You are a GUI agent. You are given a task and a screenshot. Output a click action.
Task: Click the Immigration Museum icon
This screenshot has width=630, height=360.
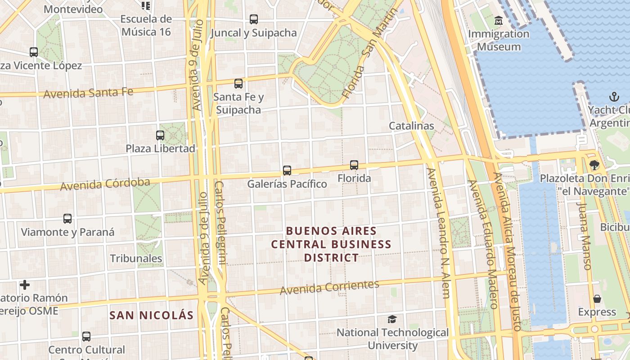499,21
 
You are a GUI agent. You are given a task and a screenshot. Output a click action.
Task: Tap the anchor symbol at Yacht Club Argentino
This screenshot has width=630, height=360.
614,96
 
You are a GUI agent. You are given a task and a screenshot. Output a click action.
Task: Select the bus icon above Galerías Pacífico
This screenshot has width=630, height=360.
287,171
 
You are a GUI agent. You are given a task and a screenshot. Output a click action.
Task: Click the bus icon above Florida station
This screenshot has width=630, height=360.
354,165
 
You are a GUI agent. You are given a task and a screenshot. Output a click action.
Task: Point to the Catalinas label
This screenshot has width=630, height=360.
411,126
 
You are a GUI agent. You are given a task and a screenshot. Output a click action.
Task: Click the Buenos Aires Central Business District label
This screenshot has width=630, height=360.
331,244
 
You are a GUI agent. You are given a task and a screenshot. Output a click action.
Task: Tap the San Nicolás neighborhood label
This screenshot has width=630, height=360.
151,315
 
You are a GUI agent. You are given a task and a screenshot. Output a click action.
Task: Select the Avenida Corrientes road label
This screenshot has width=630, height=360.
329,288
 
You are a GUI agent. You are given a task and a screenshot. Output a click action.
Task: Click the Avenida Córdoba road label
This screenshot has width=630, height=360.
105,184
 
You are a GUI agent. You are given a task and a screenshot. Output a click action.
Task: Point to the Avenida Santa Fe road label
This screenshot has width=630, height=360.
88,93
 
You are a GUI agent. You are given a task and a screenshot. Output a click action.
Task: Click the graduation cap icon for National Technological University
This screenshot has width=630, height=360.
392,319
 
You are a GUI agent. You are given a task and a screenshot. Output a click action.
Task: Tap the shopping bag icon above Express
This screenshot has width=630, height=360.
597,299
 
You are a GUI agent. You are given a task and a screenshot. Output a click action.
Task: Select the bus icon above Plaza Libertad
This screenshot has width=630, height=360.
160,135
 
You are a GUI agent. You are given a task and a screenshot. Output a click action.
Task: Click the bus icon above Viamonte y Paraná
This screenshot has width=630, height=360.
67,219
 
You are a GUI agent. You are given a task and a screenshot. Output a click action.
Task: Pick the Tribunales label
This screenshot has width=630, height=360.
136,258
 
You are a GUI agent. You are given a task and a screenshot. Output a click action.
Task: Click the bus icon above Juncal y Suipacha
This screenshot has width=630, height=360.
254,19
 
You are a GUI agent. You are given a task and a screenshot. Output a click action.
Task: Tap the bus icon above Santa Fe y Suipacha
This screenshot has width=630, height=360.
238,84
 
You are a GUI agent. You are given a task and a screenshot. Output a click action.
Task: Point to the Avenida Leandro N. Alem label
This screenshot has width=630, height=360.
439,233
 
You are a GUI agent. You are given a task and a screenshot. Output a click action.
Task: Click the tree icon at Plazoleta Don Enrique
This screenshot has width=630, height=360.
594,165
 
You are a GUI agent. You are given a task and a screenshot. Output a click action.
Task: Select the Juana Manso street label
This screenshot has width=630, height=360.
584,235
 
